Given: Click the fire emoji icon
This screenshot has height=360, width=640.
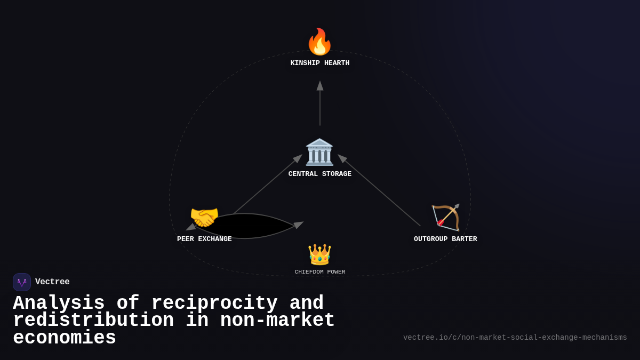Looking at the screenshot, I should pyautogui.click(x=319, y=42).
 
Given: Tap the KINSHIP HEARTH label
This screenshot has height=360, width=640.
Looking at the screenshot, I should pyautogui.click(x=320, y=63).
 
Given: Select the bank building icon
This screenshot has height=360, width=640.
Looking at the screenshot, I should pyautogui.click(x=319, y=152).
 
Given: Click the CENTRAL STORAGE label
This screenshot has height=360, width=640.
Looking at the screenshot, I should pyautogui.click(x=320, y=174).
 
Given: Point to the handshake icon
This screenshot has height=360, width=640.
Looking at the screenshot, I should pyautogui.click(x=204, y=217).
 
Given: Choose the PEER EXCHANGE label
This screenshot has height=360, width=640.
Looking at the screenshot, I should pyautogui.click(x=204, y=239).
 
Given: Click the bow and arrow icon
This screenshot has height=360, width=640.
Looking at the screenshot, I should pyautogui.click(x=445, y=217).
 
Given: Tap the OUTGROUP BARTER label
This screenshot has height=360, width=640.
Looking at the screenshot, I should pyautogui.click(x=445, y=239).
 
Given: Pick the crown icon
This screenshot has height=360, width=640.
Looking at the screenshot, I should pyautogui.click(x=319, y=254).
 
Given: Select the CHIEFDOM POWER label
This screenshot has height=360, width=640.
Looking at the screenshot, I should pyautogui.click(x=320, y=272).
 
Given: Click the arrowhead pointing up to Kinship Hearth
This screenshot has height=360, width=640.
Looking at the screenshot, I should pyautogui.click(x=320, y=86).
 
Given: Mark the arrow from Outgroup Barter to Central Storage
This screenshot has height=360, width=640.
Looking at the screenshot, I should pyautogui.click(x=380, y=191).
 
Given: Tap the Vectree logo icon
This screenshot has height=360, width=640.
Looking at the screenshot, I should pyautogui.click(x=22, y=282).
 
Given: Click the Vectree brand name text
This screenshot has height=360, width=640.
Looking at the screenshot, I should pyautogui.click(x=52, y=282).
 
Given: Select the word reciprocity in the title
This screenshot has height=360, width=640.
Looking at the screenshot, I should pyautogui.click(x=214, y=303).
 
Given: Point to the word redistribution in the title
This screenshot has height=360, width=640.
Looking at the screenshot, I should pyautogui.click(x=93, y=321).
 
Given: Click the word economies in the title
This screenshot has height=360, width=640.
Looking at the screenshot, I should pyautogui.click(x=65, y=338).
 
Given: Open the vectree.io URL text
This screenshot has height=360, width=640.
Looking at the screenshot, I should pyautogui.click(x=515, y=338).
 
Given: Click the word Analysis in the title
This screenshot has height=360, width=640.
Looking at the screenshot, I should pyautogui.click(x=59, y=303).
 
